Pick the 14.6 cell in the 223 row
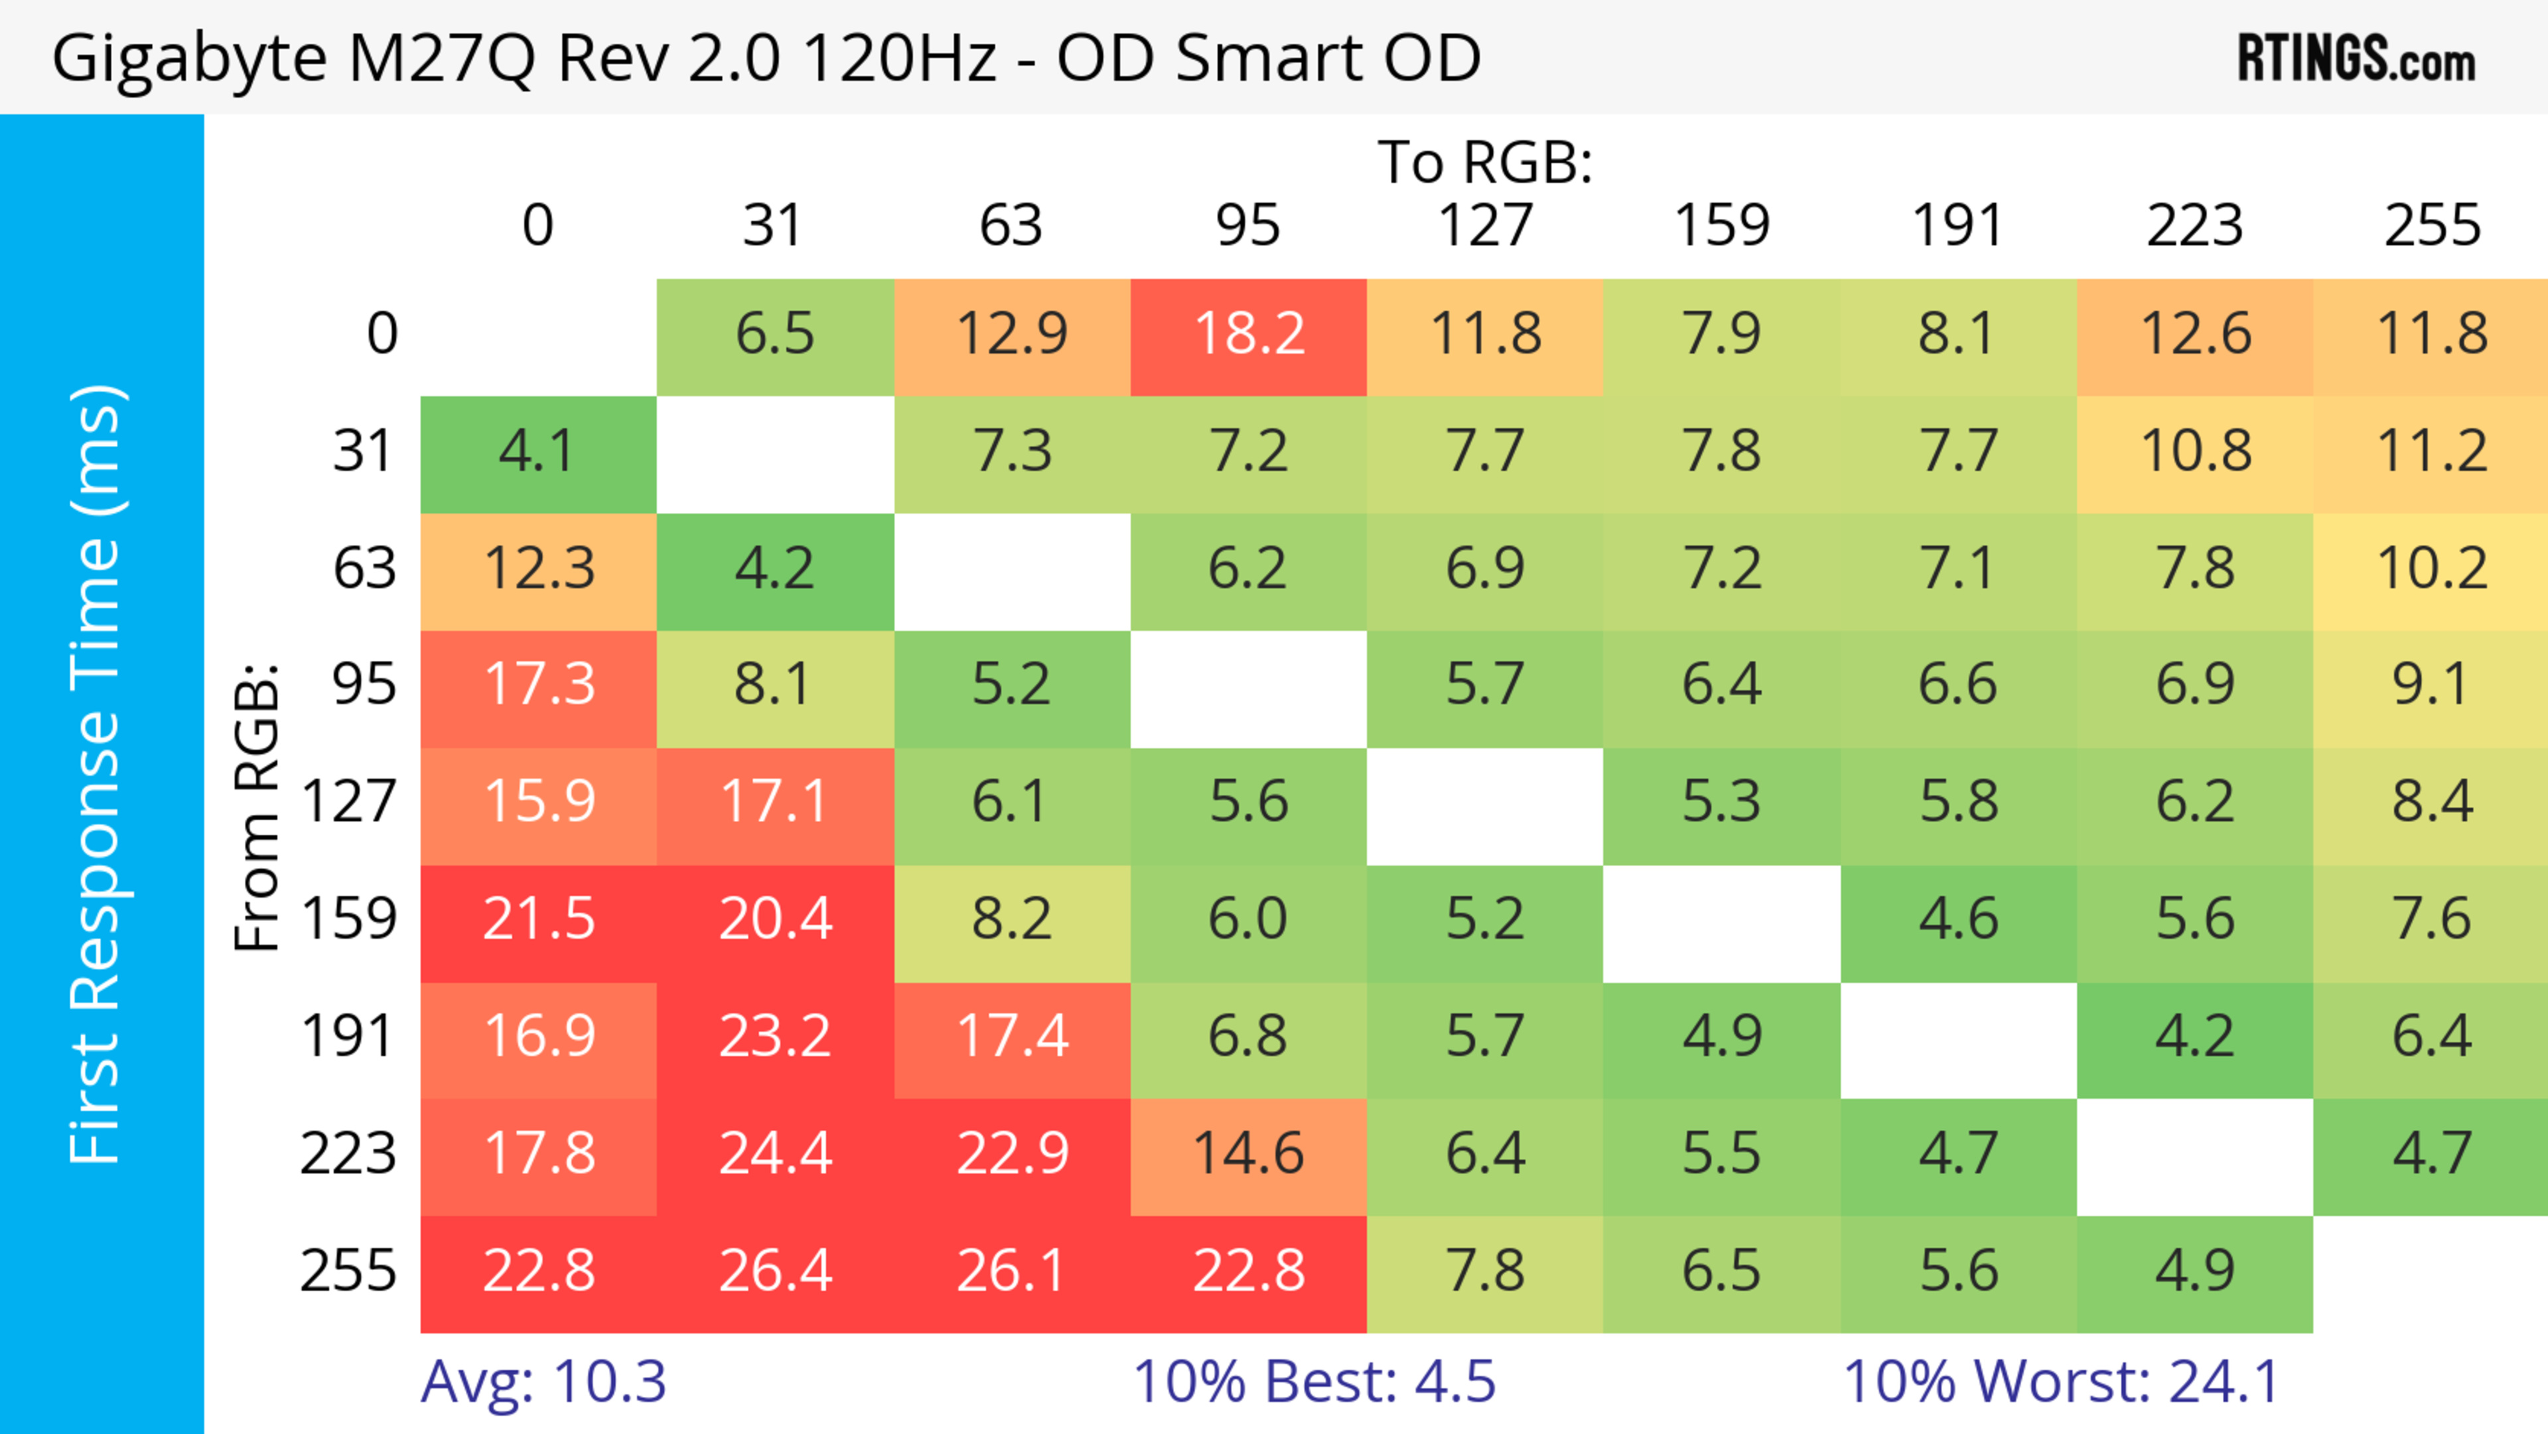coord(1248,1154)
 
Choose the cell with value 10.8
coord(2195,452)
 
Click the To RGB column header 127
coord(1485,226)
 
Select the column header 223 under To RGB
coord(2195,226)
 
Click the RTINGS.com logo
coord(2356,59)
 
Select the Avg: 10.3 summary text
coord(543,1382)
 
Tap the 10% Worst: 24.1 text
coord(2062,1382)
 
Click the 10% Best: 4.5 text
coord(1314,1382)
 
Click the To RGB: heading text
coord(1485,162)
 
